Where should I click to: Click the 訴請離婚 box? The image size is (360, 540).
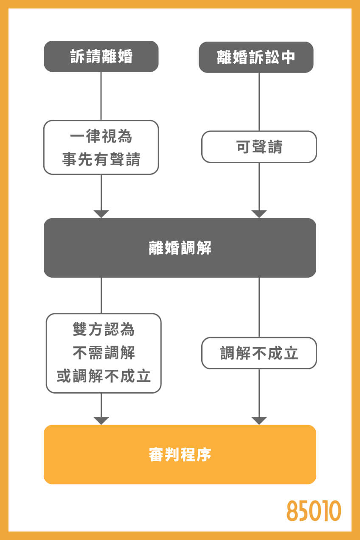[x=101, y=56]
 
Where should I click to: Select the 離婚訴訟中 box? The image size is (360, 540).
[x=256, y=57]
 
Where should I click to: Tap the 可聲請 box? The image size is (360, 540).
[x=259, y=147]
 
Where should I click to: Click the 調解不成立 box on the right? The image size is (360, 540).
[x=259, y=353]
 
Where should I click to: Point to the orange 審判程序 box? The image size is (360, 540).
[x=180, y=455]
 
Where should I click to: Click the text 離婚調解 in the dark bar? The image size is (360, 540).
[x=180, y=248]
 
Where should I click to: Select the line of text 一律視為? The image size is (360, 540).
[x=101, y=137]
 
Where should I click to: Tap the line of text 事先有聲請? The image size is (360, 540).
[x=101, y=159]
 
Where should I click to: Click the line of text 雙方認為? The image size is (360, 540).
[x=104, y=329]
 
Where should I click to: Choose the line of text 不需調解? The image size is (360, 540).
[x=104, y=352]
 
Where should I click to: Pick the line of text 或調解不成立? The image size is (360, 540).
[x=104, y=376]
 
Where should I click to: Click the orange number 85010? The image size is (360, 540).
[x=314, y=511]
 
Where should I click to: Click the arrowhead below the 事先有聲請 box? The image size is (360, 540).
[x=101, y=214]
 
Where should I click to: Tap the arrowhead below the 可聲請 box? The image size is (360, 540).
[x=259, y=214]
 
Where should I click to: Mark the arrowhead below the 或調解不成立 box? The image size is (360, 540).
[x=101, y=420]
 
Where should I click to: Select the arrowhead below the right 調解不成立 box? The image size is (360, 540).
[x=259, y=420]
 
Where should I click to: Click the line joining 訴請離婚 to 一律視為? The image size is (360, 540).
[x=101, y=96]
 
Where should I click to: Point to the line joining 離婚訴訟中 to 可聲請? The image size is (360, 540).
[x=259, y=102]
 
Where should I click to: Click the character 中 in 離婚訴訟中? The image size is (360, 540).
[x=287, y=57]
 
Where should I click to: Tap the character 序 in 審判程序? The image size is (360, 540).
[x=204, y=455]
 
